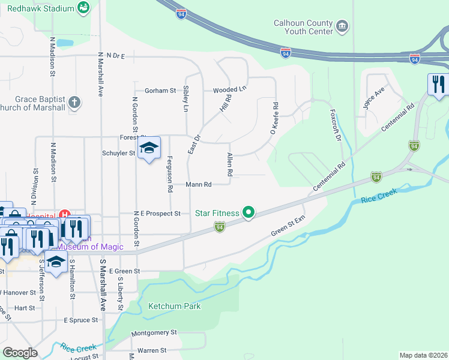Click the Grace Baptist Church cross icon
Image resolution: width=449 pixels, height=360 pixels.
point(74,101)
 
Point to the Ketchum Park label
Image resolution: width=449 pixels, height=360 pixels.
point(175,306)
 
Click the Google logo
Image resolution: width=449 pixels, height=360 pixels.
point(20,353)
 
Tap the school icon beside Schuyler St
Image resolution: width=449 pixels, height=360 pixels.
point(149,148)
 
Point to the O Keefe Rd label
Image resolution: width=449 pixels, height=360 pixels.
point(275,117)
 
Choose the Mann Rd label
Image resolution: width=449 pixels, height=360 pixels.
point(198,185)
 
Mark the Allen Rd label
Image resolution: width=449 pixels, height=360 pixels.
point(229,164)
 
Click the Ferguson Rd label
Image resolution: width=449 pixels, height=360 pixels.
point(170,178)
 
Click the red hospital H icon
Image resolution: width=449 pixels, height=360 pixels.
point(65,215)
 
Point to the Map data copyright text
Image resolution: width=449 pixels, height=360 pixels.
point(423,355)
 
